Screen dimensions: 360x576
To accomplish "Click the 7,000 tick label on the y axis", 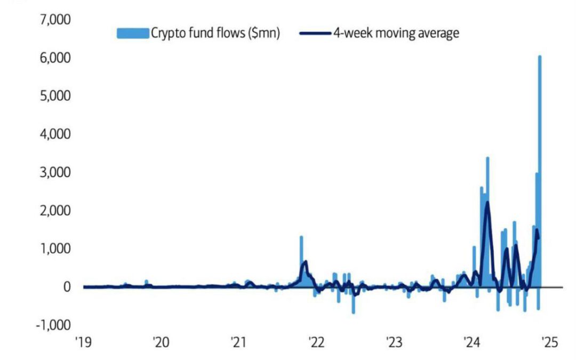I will click(x=56, y=20).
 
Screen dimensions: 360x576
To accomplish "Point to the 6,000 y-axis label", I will click(x=56, y=58).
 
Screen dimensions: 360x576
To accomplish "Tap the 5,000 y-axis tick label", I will click(x=56, y=96).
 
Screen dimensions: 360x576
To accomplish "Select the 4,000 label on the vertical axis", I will click(x=56, y=134).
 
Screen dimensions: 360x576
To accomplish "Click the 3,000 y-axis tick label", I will click(x=56, y=172).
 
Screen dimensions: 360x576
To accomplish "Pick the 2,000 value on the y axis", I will click(x=56, y=211).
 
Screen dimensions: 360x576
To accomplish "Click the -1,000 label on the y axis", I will click(x=53, y=325).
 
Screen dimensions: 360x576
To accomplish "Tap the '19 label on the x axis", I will click(x=84, y=342).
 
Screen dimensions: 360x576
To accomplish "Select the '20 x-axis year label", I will click(x=161, y=342).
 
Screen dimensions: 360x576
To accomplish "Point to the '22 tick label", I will click(x=315, y=342).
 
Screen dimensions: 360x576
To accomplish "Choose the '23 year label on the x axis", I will click(x=393, y=342).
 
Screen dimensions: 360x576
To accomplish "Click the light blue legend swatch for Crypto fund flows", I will click(x=132, y=34).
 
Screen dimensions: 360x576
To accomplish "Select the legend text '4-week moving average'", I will click(x=396, y=34).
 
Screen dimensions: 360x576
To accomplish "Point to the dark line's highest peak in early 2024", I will click(x=487, y=203).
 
